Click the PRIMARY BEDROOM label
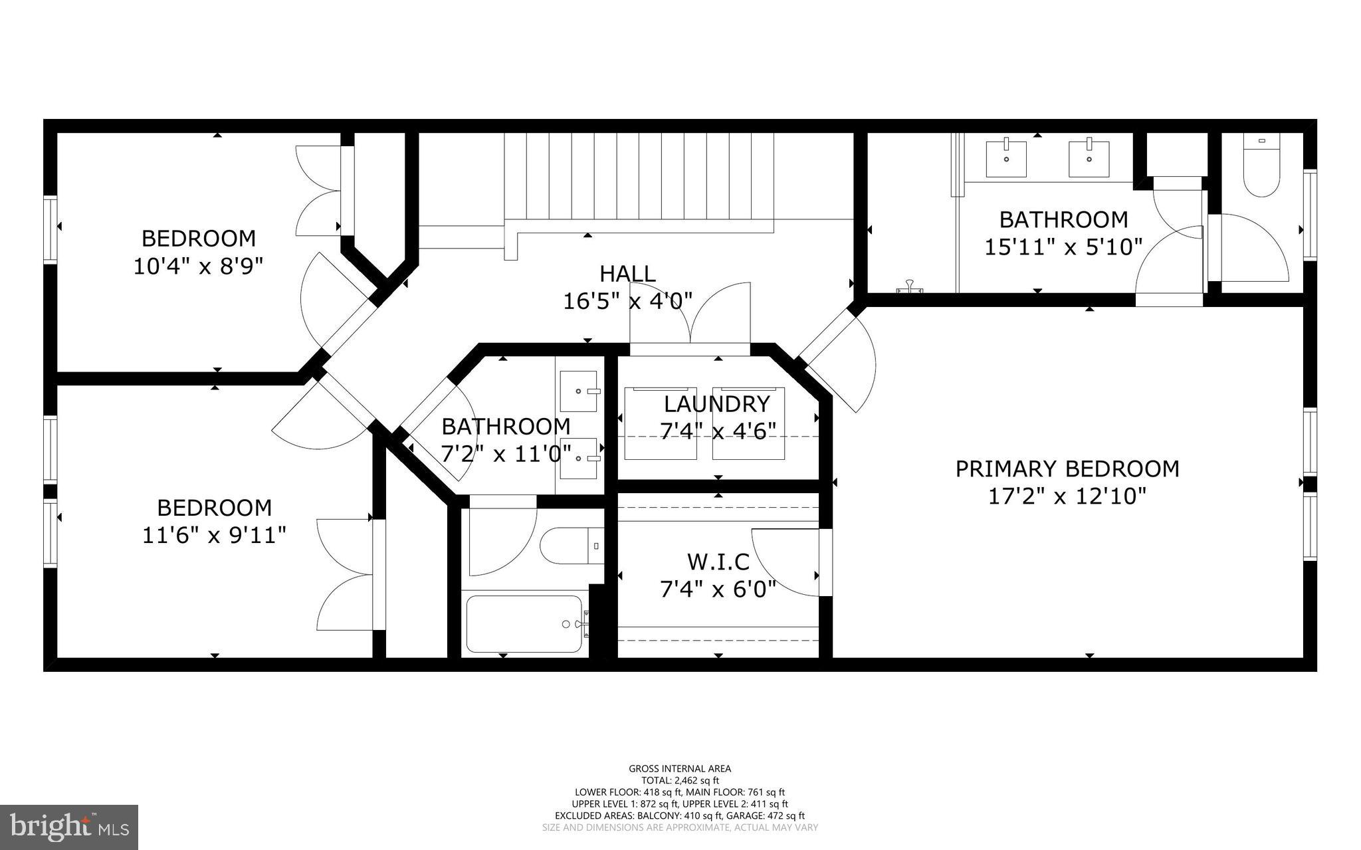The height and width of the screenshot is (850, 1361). tap(1067, 469)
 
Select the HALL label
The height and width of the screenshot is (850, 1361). tap(627, 274)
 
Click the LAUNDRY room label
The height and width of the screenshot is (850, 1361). tap(716, 404)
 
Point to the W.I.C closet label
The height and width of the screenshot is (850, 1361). tap(718, 562)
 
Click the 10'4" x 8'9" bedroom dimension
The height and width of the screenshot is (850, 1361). tap(198, 266)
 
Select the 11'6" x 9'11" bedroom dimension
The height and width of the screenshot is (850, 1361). tap(214, 535)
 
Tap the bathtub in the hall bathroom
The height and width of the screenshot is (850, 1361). tap(524, 623)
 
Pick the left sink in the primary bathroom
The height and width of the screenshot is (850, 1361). tap(1005, 158)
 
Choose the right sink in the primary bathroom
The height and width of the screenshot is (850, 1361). tap(1089, 158)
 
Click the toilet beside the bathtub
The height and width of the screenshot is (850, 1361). tap(570, 546)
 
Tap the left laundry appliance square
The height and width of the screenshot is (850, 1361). tap(660, 423)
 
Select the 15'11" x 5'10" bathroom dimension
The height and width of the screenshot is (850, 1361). tap(1063, 247)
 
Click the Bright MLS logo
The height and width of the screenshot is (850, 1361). tap(69, 827)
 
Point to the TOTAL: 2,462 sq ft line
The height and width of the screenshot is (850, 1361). tap(680, 781)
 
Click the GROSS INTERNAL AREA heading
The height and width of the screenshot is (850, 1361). tap(680, 769)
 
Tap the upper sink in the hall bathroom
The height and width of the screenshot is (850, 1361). tap(579, 391)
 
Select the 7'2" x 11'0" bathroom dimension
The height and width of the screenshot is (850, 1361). tap(506, 454)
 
